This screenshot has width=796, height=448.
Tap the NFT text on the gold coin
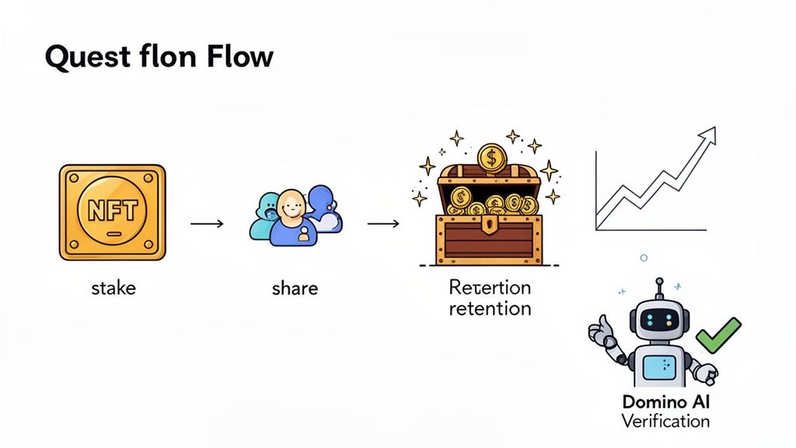pyautogui.click(x=112, y=212)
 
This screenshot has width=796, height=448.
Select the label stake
pyautogui.click(x=113, y=289)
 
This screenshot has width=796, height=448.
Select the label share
pyautogui.click(x=295, y=289)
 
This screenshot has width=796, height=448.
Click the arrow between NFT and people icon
pyautogui.click(x=207, y=224)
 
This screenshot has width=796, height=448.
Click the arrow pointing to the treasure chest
pyautogui.click(x=383, y=224)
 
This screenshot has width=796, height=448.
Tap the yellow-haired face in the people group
pyautogui.click(x=290, y=205)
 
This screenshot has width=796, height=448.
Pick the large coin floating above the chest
pyautogui.click(x=491, y=159)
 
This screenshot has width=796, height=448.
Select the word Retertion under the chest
pyautogui.click(x=490, y=287)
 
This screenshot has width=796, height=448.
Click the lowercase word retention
pyautogui.click(x=490, y=308)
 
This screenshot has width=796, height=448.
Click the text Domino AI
pyautogui.click(x=665, y=402)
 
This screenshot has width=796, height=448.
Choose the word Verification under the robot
pyautogui.click(x=665, y=421)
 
